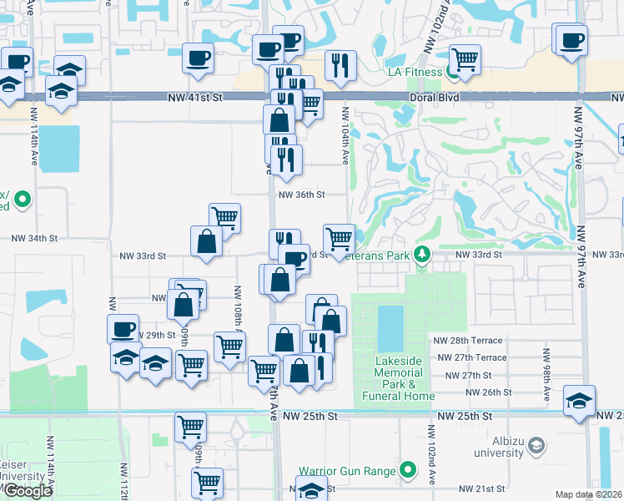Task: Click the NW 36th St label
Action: [x=300, y=195]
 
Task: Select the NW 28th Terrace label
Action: [x=468, y=341]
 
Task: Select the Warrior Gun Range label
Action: [x=348, y=471]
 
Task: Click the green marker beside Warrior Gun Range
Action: [x=408, y=471]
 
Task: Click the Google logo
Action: [x=28, y=490]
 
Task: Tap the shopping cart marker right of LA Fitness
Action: [x=465, y=58]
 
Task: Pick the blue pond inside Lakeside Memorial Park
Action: [x=389, y=328]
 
